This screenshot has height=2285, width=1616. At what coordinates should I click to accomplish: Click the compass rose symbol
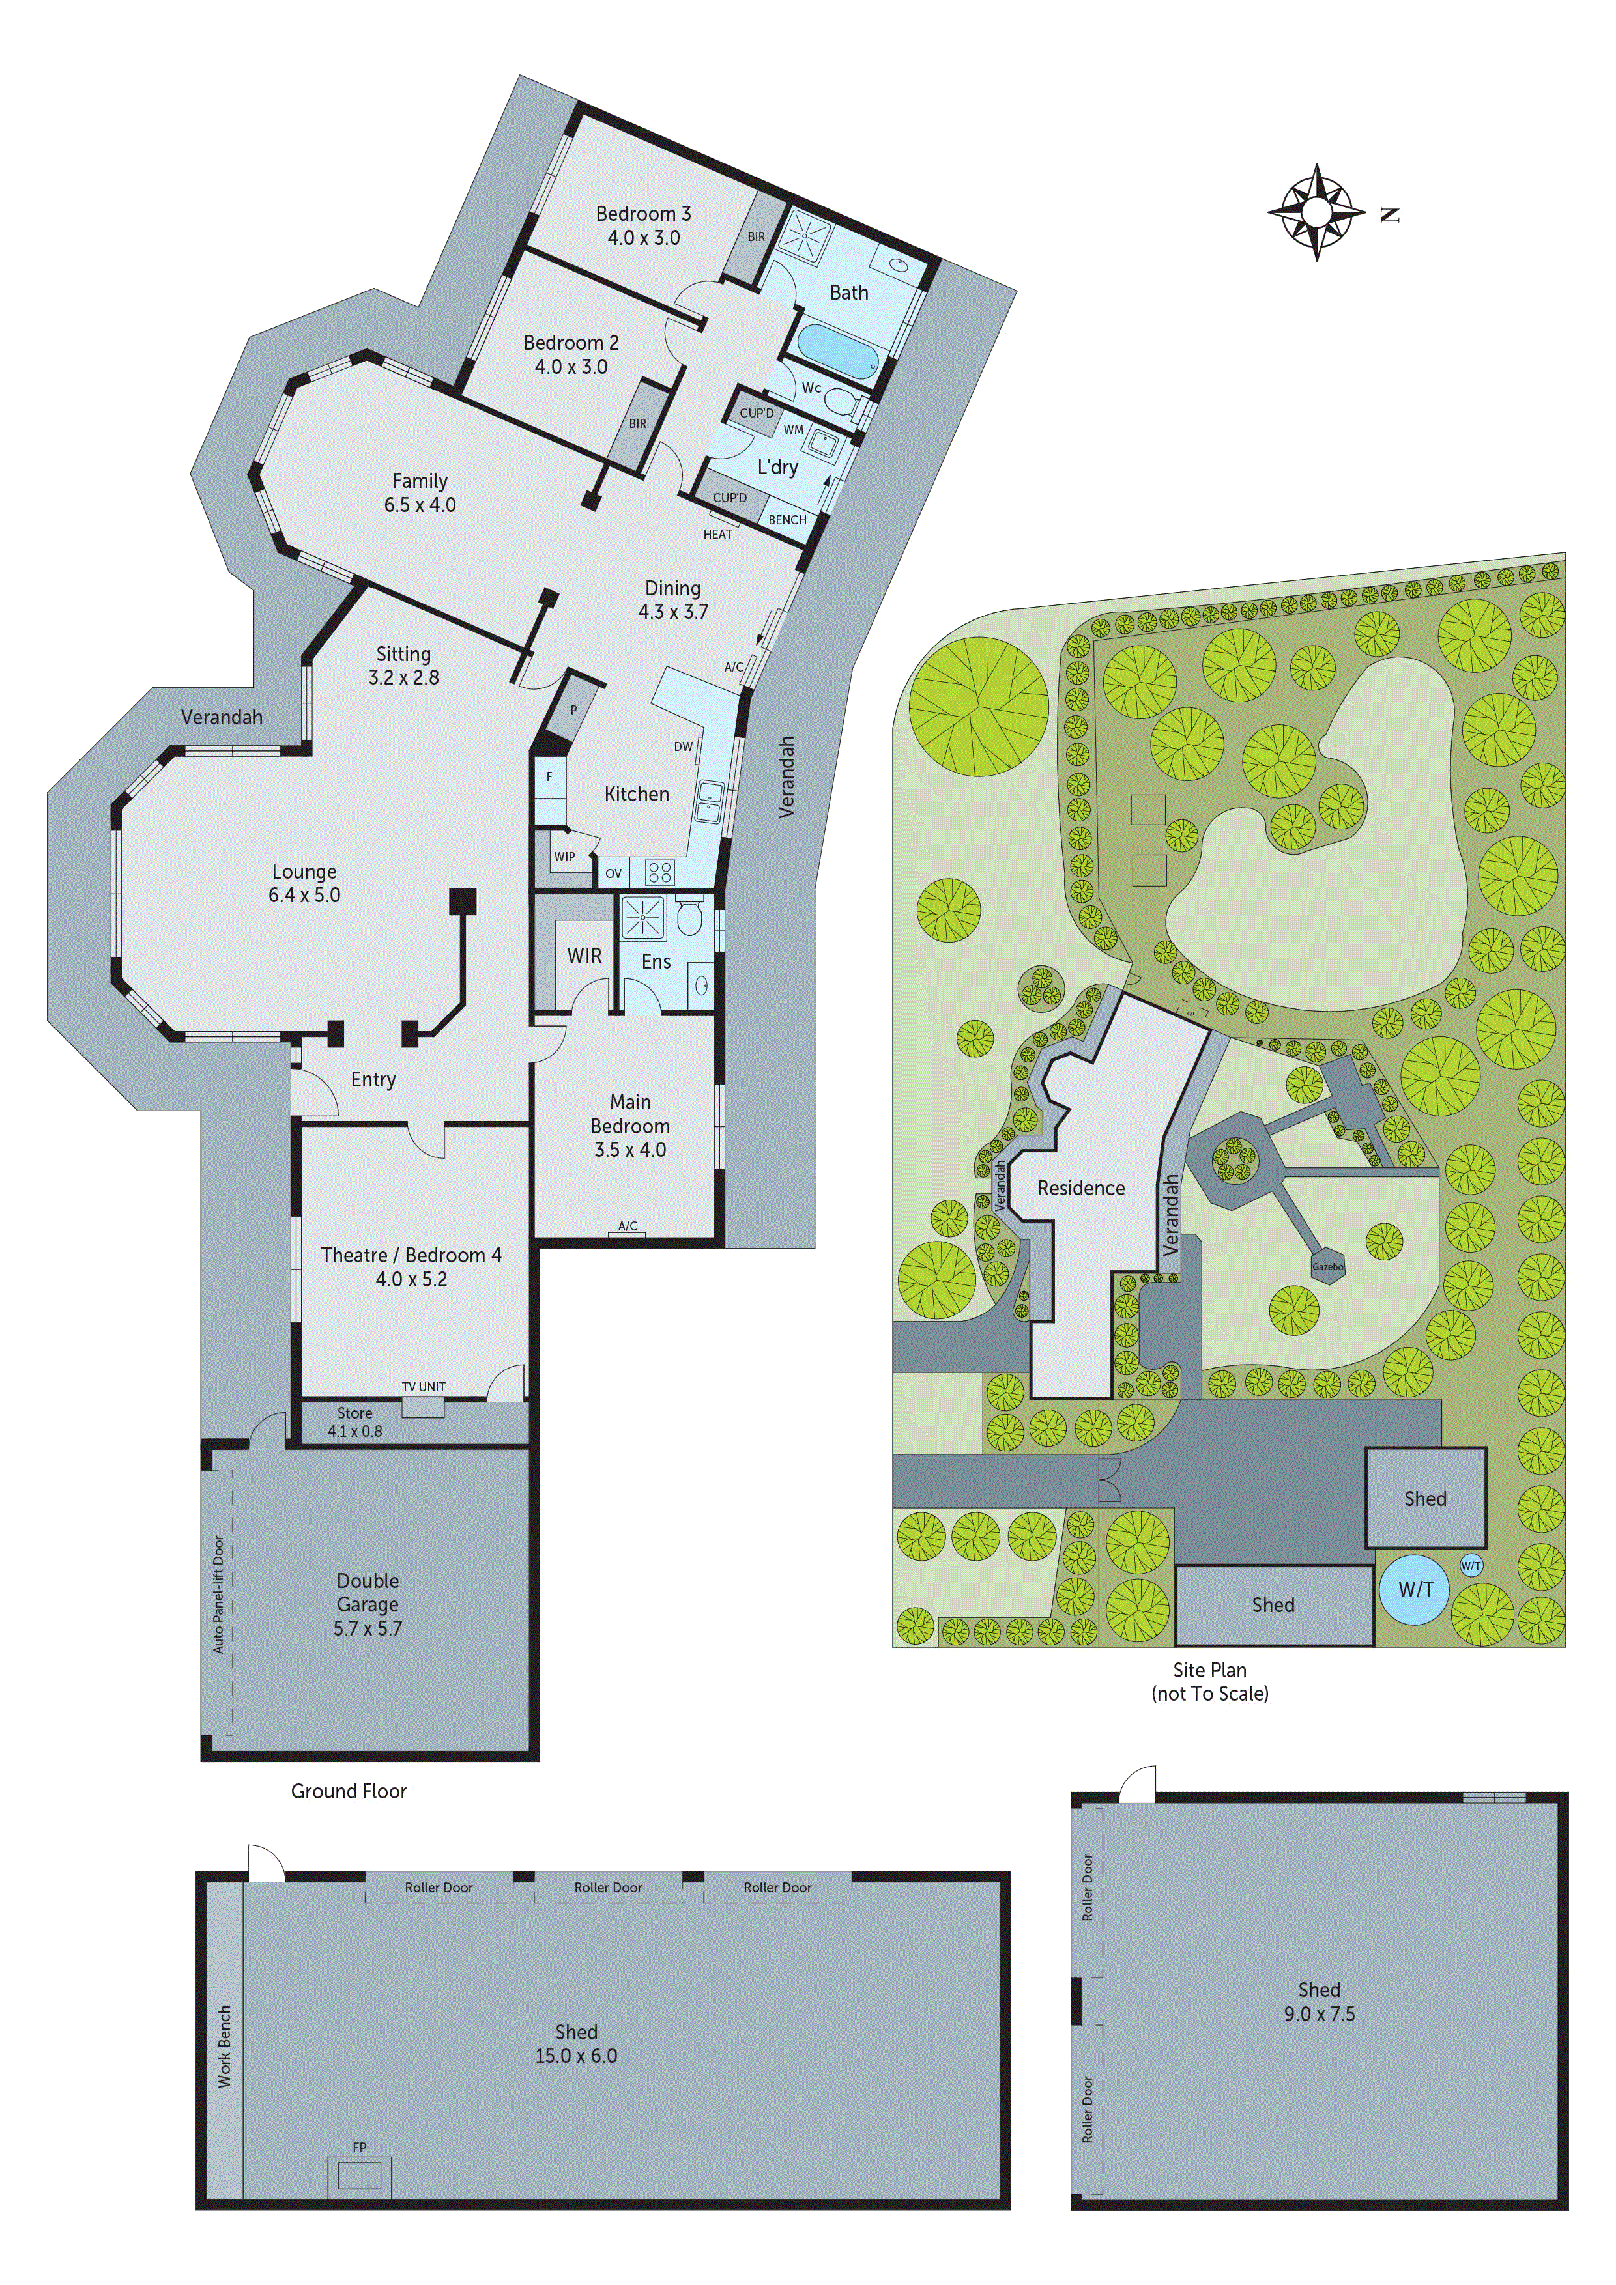1316,212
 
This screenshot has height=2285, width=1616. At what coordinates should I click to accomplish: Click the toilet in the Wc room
845,401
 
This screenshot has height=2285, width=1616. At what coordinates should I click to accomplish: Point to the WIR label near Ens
584,956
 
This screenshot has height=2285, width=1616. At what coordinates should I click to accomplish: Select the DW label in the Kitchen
683,746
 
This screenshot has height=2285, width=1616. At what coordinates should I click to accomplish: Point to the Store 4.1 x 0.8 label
354,1422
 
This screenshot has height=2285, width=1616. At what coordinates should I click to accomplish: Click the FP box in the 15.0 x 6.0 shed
360,2176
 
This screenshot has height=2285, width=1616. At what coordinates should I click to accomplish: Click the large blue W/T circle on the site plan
1415,1589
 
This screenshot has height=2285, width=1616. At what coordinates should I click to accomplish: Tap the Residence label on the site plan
1080,1188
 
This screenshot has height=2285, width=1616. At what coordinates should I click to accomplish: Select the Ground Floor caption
349,1791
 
